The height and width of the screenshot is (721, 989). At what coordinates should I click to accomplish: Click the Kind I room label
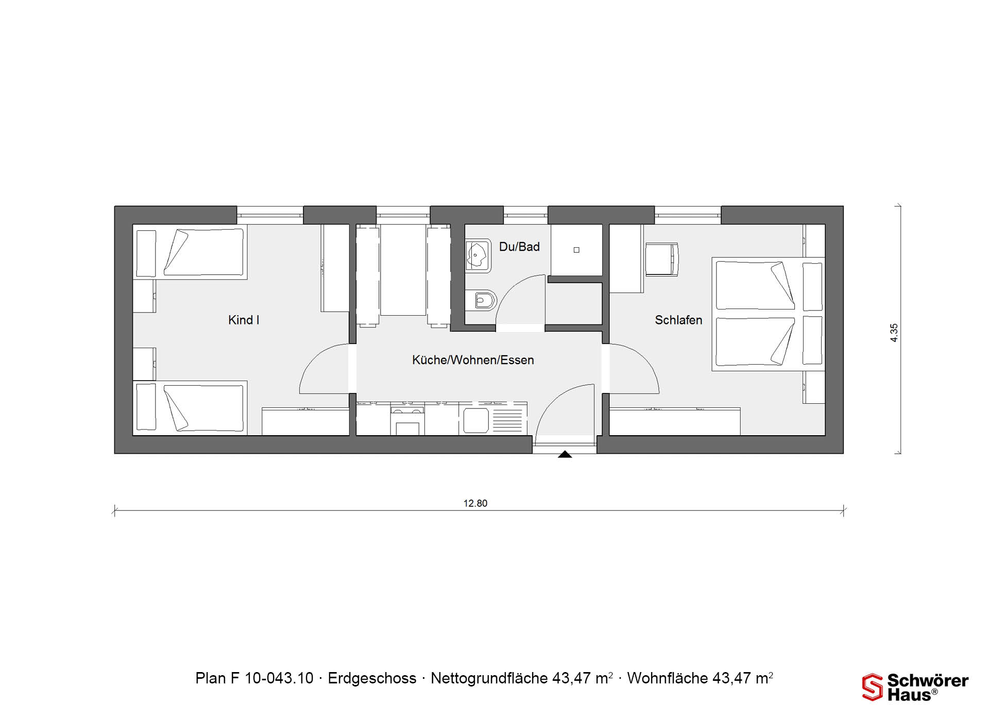[244, 320]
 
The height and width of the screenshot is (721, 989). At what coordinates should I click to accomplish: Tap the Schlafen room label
[678, 320]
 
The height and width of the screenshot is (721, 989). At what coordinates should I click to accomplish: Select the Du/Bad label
[519, 247]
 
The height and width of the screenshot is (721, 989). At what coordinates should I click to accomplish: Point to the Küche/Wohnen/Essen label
[473, 360]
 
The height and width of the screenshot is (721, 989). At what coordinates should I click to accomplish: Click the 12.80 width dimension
[475, 503]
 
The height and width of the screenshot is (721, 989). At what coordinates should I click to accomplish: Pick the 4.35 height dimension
[894, 333]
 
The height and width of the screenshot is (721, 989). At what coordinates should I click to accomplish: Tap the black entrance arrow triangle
[565, 454]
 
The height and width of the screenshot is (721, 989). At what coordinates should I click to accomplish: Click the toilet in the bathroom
[481, 300]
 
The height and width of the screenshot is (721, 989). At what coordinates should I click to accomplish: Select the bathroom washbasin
[478, 255]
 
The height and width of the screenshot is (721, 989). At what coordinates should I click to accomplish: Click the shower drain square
[576, 250]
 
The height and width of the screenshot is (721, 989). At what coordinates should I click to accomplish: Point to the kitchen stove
[407, 420]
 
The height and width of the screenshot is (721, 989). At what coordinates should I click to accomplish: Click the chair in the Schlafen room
[662, 259]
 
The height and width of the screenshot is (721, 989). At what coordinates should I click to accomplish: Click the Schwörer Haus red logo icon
[873, 687]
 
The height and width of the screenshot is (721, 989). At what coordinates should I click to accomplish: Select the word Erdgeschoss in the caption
[372, 678]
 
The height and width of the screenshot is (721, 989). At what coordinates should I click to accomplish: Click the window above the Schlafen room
[688, 215]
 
